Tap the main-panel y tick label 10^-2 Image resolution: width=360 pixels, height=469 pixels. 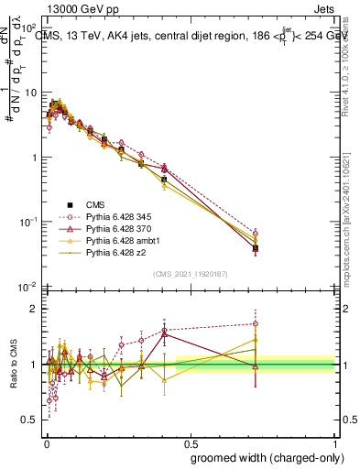[x=29, y=287]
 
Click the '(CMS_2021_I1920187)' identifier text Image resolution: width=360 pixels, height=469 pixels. [x=191, y=273]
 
